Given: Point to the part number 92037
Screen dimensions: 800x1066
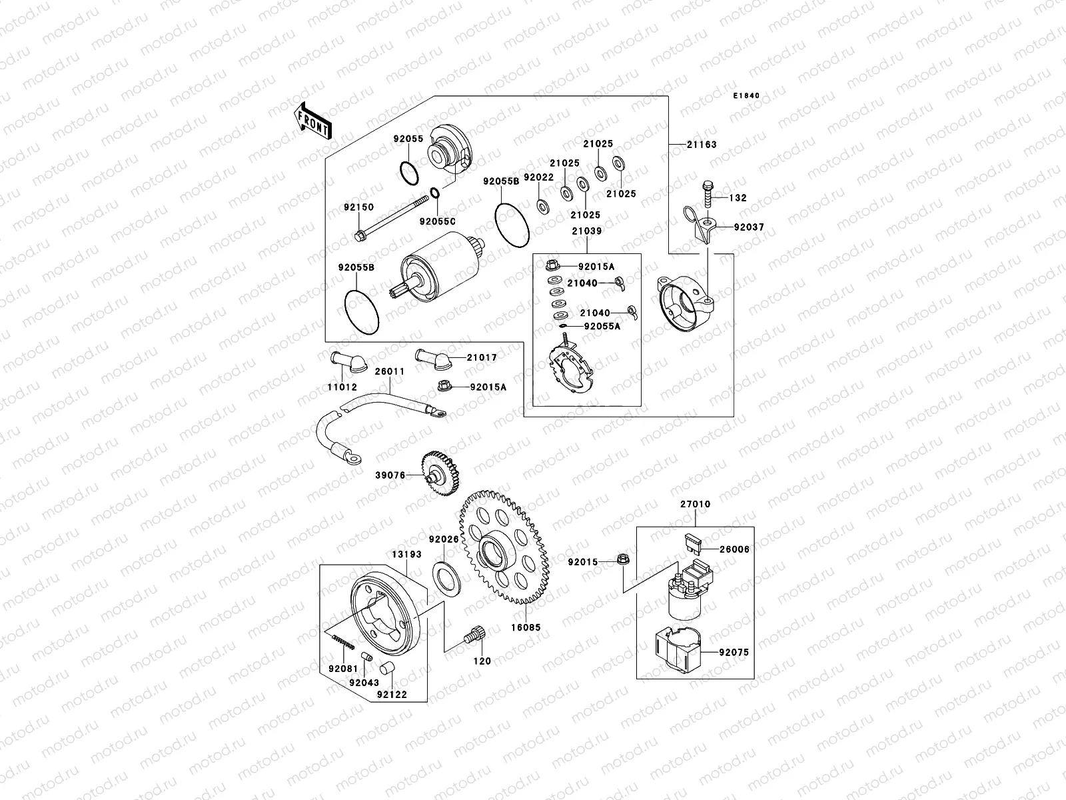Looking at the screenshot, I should tap(749, 227).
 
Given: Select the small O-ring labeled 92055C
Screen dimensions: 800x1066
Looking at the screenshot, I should tap(434, 193).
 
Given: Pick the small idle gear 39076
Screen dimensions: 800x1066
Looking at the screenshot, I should tap(440, 473).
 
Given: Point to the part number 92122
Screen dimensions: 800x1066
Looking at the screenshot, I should tap(391, 695).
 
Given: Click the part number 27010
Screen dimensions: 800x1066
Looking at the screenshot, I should tap(695, 505).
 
